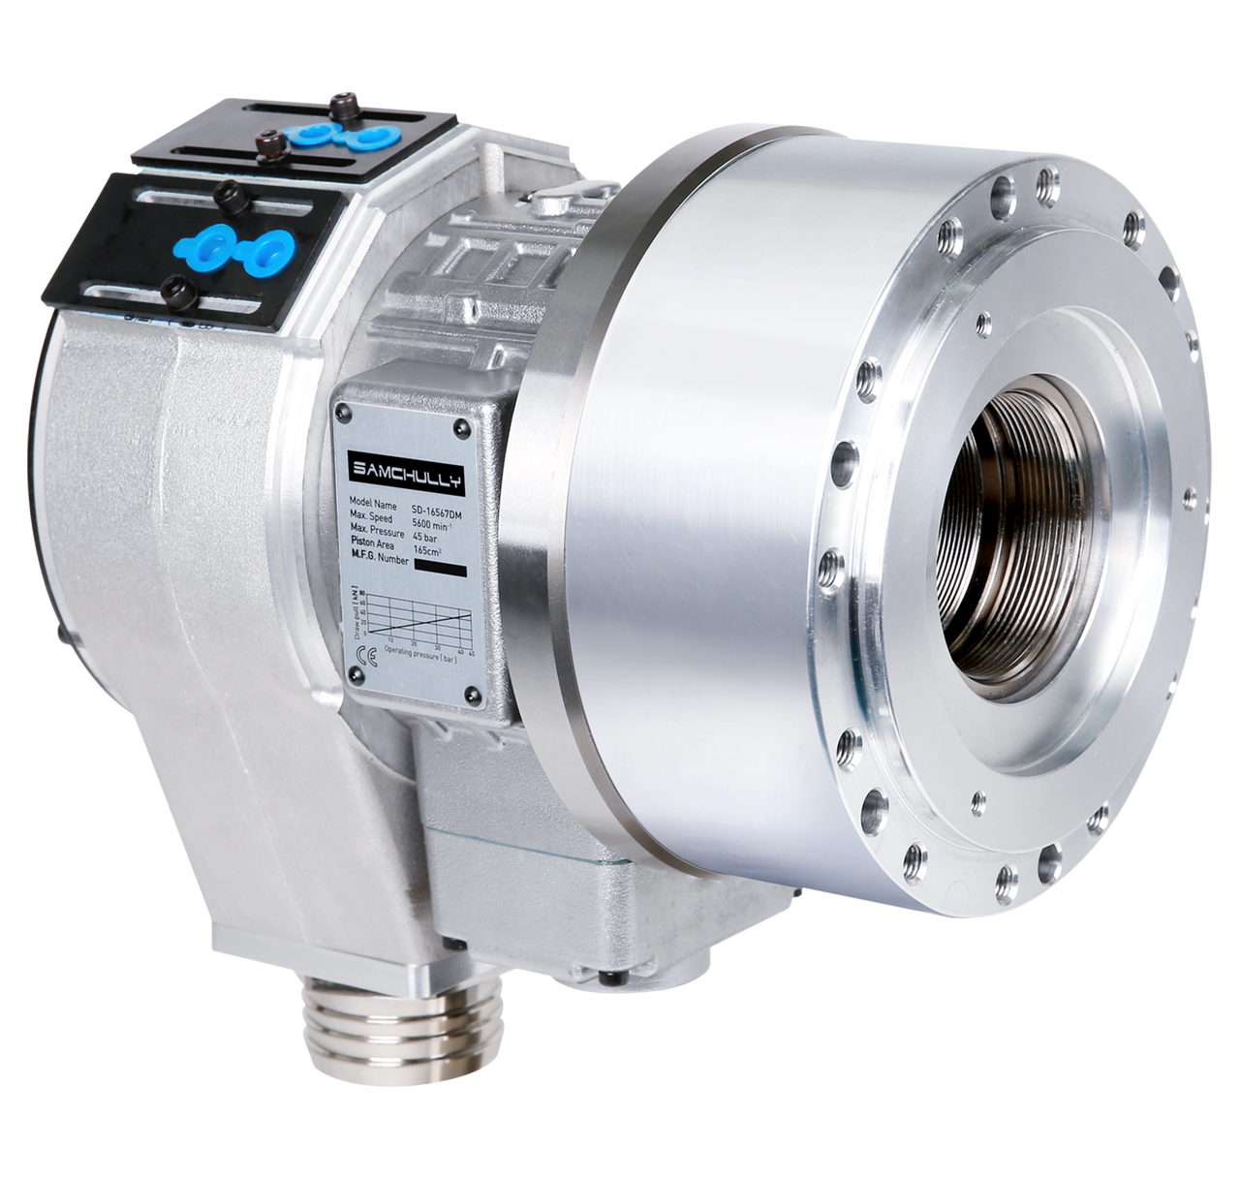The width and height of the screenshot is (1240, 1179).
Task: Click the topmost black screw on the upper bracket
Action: click(x=338, y=99)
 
